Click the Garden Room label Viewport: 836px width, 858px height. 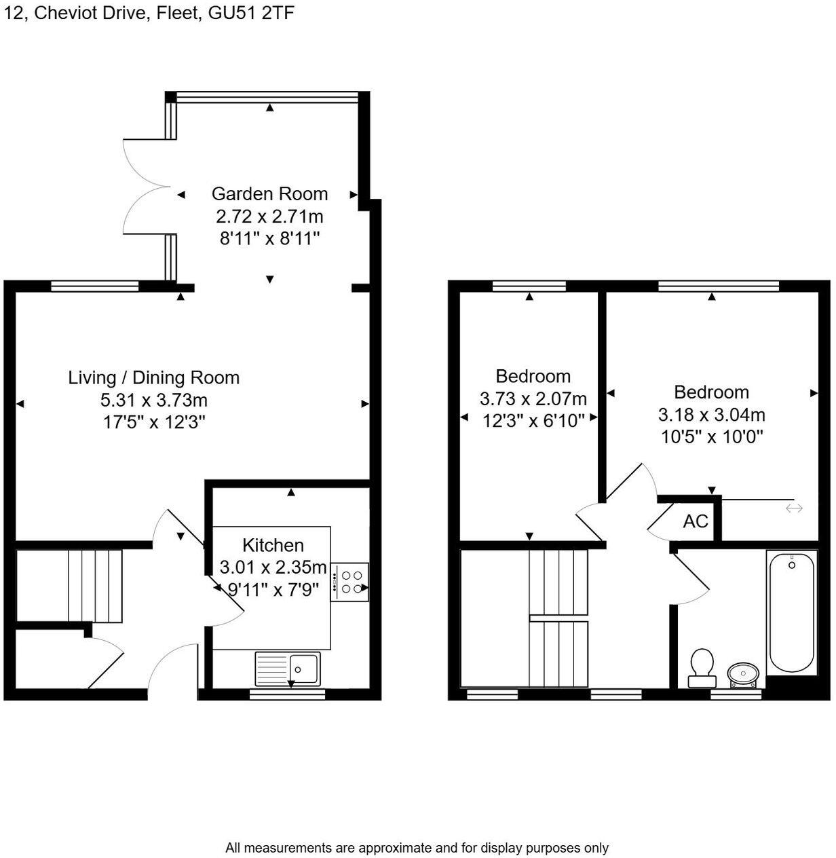click(x=269, y=194)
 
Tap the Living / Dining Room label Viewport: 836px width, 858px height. click(x=153, y=377)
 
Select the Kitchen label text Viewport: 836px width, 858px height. click(x=273, y=545)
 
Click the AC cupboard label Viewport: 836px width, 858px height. click(x=696, y=521)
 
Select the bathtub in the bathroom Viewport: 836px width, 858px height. click(x=791, y=612)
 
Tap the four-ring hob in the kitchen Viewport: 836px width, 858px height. click(x=350, y=582)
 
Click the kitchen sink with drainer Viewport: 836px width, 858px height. click(x=288, y=668)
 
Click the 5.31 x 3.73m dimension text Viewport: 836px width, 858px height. click(x=153, y=400)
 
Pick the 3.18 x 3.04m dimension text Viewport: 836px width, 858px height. click(x=711, y=414)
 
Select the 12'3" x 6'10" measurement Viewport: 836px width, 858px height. click(x=533, y=421)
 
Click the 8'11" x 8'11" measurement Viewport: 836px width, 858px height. click(x=269, y=239)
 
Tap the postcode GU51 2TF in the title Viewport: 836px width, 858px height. click(x=251, y=13)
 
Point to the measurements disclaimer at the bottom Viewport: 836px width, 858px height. click(x=417, y=848)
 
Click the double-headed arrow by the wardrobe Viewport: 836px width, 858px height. click(x=794, y=508)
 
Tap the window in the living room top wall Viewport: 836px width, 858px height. click(x=95, y=286)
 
